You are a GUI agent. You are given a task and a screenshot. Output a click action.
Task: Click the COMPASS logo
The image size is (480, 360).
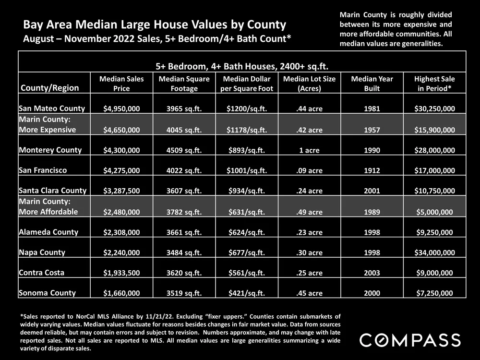410,340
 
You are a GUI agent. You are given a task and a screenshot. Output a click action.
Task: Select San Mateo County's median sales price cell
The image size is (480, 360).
121,109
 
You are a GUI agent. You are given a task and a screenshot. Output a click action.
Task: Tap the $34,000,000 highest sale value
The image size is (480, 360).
434,253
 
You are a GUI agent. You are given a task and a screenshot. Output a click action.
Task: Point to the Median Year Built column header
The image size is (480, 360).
372,84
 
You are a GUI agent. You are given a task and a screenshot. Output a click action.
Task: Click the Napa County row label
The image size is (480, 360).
42,252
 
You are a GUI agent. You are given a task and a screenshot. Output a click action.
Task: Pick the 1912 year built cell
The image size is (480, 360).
372,170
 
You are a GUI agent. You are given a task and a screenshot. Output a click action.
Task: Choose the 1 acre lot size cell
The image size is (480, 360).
309,150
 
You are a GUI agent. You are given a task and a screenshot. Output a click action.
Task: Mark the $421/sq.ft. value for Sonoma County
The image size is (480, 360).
246,293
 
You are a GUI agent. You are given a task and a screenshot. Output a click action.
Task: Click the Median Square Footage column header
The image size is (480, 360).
184,84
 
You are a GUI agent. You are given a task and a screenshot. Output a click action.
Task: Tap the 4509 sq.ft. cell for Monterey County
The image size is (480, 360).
184,150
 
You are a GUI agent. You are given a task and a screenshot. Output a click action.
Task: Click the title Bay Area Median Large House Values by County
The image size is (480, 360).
155,24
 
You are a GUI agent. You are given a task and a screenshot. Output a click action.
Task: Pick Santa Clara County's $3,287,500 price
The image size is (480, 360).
121,191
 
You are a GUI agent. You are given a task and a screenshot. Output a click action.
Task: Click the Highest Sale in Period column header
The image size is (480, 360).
434,84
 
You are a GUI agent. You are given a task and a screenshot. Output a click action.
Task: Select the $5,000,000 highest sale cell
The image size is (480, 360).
434,212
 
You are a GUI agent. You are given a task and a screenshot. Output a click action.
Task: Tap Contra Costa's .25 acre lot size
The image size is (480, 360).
309,273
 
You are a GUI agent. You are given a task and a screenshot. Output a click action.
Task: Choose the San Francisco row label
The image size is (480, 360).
43,170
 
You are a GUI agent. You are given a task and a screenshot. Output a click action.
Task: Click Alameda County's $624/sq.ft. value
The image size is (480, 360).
246,232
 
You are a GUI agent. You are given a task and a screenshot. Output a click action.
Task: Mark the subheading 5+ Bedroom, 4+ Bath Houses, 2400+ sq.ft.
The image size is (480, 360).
241,65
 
